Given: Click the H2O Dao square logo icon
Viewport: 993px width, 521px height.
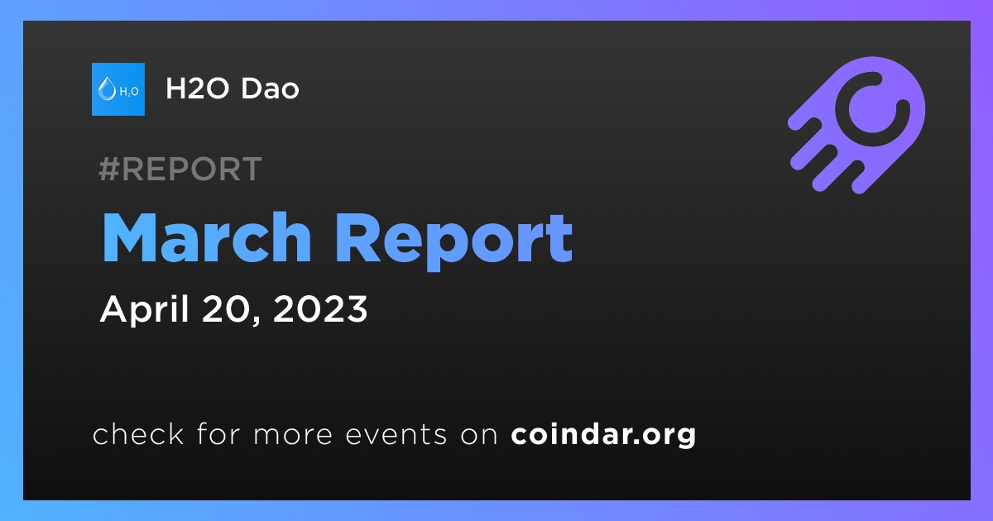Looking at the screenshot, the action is click(x=118, y=89).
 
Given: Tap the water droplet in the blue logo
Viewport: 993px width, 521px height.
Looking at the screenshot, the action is click(x=107, y=88).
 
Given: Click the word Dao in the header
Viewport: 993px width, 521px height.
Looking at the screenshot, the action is click(x=270, y=88).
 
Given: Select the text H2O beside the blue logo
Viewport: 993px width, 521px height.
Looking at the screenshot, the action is click(x=197, y=88).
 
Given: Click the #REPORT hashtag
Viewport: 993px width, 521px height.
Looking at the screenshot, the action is click(x=180, y=169).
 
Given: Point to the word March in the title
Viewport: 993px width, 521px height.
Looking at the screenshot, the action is click(x=207, y=238).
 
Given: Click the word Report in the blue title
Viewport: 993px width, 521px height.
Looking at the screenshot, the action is click(x=454, y=241).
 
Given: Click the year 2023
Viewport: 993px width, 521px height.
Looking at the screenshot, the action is click(x=320, y=308).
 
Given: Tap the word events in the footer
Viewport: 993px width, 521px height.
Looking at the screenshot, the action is click(x=396, y=434).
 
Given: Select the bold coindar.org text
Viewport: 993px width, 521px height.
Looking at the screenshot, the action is click(x=603, y=435).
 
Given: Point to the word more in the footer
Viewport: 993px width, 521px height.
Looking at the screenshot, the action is click(x=293, y=435).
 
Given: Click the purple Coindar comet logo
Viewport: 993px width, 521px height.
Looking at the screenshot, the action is click(x=856, y=125).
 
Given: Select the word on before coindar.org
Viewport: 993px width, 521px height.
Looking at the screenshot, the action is click(x=479, y=435).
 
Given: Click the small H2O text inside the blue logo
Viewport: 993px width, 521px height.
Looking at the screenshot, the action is click(x=129, y=92).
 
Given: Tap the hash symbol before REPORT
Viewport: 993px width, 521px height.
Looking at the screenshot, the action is click(x=109, y=169).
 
